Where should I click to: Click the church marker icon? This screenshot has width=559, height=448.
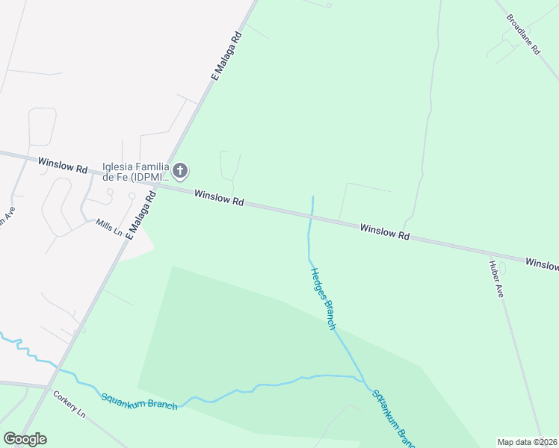coord(180,172)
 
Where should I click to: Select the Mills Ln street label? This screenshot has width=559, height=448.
coord(109,227)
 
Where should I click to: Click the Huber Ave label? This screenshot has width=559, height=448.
coord(496,279)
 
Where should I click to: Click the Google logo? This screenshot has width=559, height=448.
coord(25,439)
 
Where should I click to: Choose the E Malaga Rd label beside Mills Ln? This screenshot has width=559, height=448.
coord(140,214)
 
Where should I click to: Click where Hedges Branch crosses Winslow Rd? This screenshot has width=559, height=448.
coord(311,217)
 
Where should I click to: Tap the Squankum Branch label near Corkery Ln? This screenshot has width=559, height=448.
coord(139,400)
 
